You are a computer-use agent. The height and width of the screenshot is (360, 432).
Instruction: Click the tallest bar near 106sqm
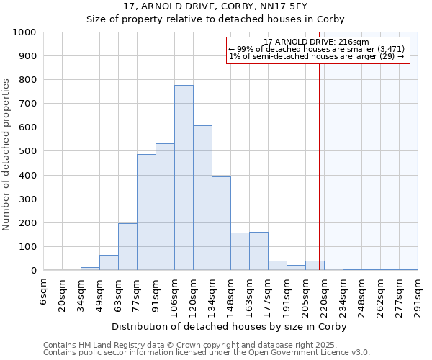click(184, 178)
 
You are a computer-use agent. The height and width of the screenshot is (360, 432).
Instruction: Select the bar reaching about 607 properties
click(202, 198)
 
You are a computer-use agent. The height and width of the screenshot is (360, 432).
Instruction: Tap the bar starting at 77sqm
click(146, 212)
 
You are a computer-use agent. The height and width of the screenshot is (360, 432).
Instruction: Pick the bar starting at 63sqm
click(127, 247)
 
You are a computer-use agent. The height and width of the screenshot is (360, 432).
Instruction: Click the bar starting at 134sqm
click(221, 223)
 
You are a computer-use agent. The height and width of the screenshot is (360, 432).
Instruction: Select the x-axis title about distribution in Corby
click(230, 326)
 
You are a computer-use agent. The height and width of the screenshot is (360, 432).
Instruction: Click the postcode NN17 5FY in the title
click(282, 6)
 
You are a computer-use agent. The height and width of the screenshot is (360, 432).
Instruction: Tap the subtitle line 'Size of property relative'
click(216, 19)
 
